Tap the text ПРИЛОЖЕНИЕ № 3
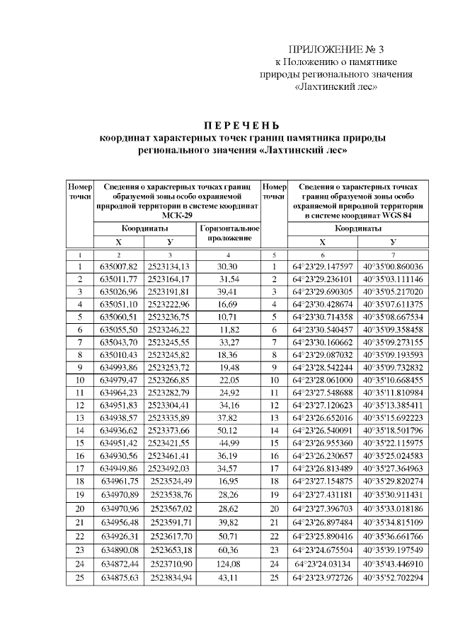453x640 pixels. coord(336,50)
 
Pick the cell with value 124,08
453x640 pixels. coord(226,564)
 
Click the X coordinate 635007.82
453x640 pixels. coord(117,267)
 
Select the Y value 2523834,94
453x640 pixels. coord(171,578)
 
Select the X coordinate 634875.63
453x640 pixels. coord(117,578)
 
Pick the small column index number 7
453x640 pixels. coord(393,255)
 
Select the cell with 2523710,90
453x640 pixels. coord(171,564)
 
